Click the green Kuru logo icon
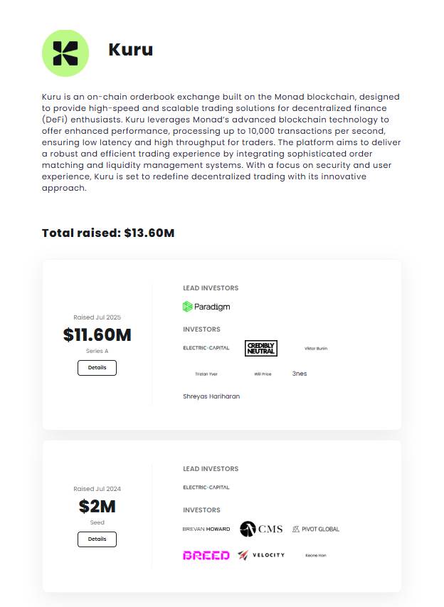[x=65, y=53]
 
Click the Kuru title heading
[x=130, y=50]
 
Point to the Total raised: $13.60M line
[x=108, y=233]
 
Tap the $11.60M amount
[x=97, y=334]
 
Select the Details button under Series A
[x=97, y=368]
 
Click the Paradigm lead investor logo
[x=206, y=307]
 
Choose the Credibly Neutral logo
[x=260, y=348]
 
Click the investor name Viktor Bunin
[x=316, y=349]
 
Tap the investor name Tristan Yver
[x=206, y=374]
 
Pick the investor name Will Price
[x=263, y=374]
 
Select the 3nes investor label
[x=300, y=374]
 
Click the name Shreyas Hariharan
[x=211, y=396]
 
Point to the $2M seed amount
[x=97, y=507]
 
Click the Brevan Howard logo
[x=206, y=529]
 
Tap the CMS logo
[x=261, y=529]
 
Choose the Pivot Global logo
[x=316, y=529]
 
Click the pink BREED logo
[x=206, y=555]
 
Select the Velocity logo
[x=261, y=555]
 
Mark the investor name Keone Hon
[x=316, y=555]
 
